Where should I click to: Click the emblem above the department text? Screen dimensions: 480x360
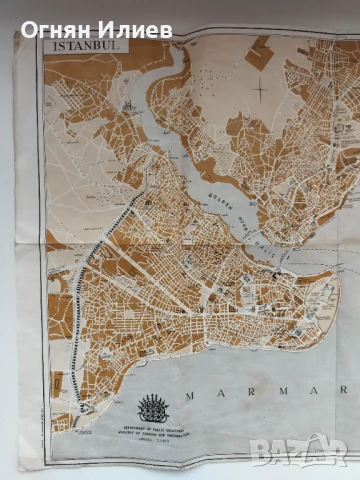coord(153,407)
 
